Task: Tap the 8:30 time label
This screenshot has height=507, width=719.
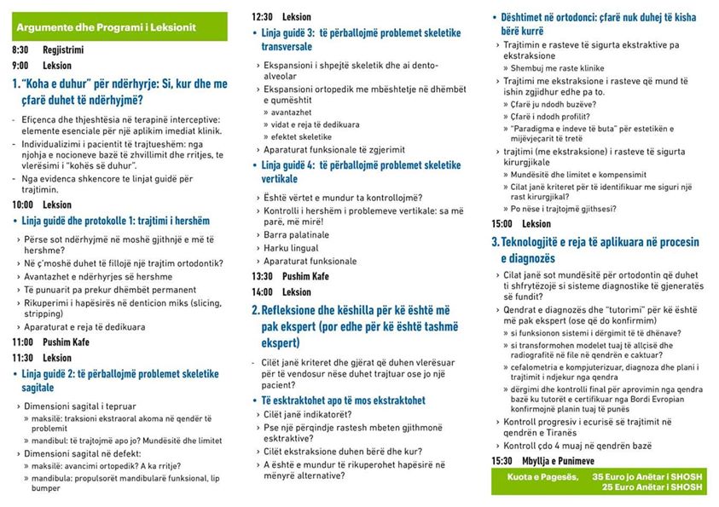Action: pos(20,50)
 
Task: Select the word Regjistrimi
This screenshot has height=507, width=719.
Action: pos(63,50)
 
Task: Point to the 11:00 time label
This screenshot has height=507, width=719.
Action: pos(23,343)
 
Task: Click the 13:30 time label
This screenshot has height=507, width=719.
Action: pos(262,276)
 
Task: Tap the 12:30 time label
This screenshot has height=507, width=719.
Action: pos(262,17)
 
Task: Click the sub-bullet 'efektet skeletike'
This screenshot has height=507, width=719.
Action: pos(302,136)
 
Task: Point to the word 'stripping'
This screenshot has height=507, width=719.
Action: pos(43,312)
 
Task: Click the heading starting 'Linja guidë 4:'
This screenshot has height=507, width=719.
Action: pos(361,165)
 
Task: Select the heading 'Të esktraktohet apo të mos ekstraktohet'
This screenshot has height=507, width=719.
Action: pos(343,400)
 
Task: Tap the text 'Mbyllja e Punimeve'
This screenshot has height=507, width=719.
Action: pos(565,461)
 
